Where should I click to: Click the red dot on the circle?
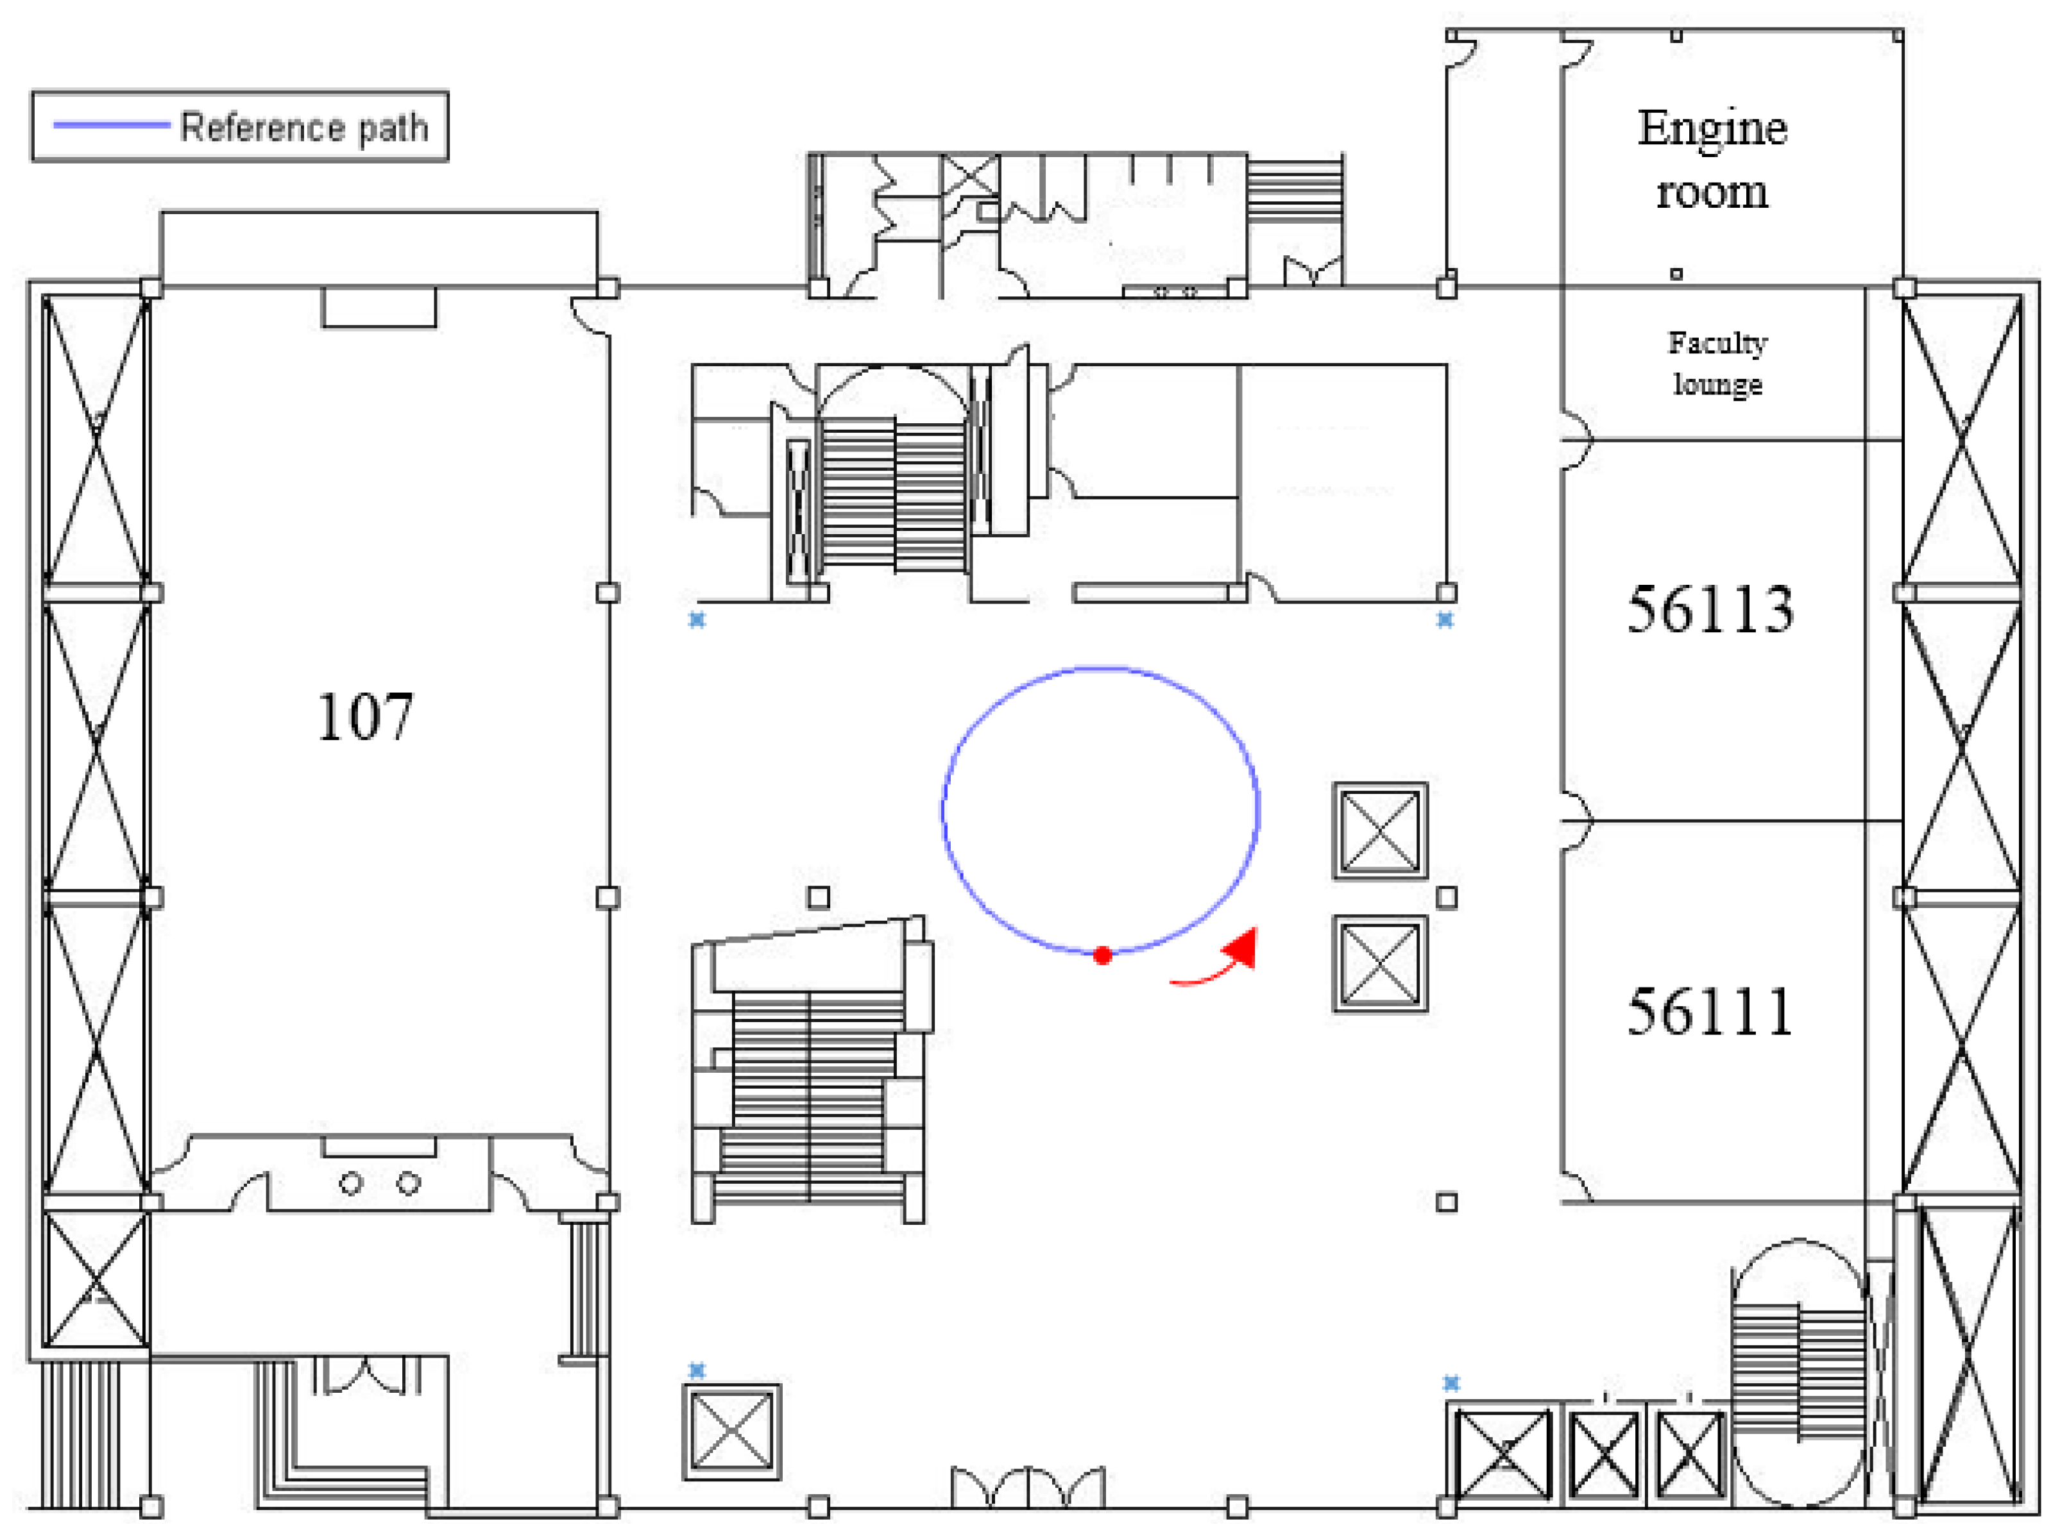click(x=1103, y=955)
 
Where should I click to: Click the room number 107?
click(x=364, y=718)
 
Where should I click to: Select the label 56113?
click(x=1710, y=610)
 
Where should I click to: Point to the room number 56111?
click(x=1710, y=1012)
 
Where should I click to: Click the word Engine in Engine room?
click(x=1712, y=128)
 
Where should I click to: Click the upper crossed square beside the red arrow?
click(x=1380, y=830)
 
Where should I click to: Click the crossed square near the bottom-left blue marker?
click(x=732, y=1432)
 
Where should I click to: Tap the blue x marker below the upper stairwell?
click(x=697, y=619)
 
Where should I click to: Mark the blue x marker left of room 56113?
click(x=1444, y=619)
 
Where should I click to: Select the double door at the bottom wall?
click(x=1028, y=1488)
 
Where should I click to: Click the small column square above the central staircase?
click(x=819, y=896)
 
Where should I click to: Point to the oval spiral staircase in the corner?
click(x=1800, y=1372)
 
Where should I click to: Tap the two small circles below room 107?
click(x=380, y=1183)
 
